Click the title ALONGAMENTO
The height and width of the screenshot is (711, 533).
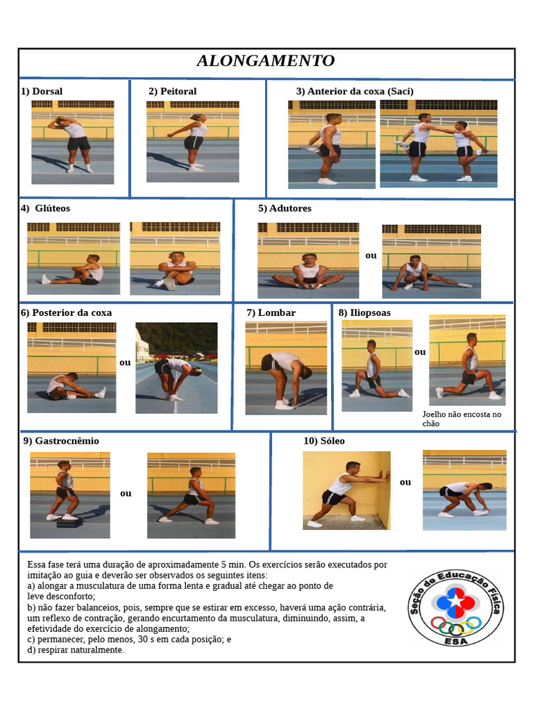point(266,60)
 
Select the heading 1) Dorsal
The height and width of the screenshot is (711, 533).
point(42,91)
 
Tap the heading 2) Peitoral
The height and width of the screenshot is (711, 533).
point(173,91)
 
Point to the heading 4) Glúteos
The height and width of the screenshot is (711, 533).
point(45,208)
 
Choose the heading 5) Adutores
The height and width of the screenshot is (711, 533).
point(285,208)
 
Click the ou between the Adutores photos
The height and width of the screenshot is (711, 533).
point(371,256)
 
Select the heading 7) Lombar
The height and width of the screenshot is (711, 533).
point(271,312)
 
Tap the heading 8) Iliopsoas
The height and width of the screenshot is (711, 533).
point(364,312)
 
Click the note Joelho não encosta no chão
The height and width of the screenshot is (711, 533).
point(462,419)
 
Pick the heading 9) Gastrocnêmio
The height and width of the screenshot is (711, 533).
point(61,441)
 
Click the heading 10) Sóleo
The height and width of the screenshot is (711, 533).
point(324,441)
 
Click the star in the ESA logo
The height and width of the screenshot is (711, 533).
point(456,603)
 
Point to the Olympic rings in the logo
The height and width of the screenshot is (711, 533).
point(456,626)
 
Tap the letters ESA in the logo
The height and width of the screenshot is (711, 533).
point(457,641)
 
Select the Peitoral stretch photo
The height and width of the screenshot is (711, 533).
point(193,142)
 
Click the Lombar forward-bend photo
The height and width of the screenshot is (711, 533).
point(286,368)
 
